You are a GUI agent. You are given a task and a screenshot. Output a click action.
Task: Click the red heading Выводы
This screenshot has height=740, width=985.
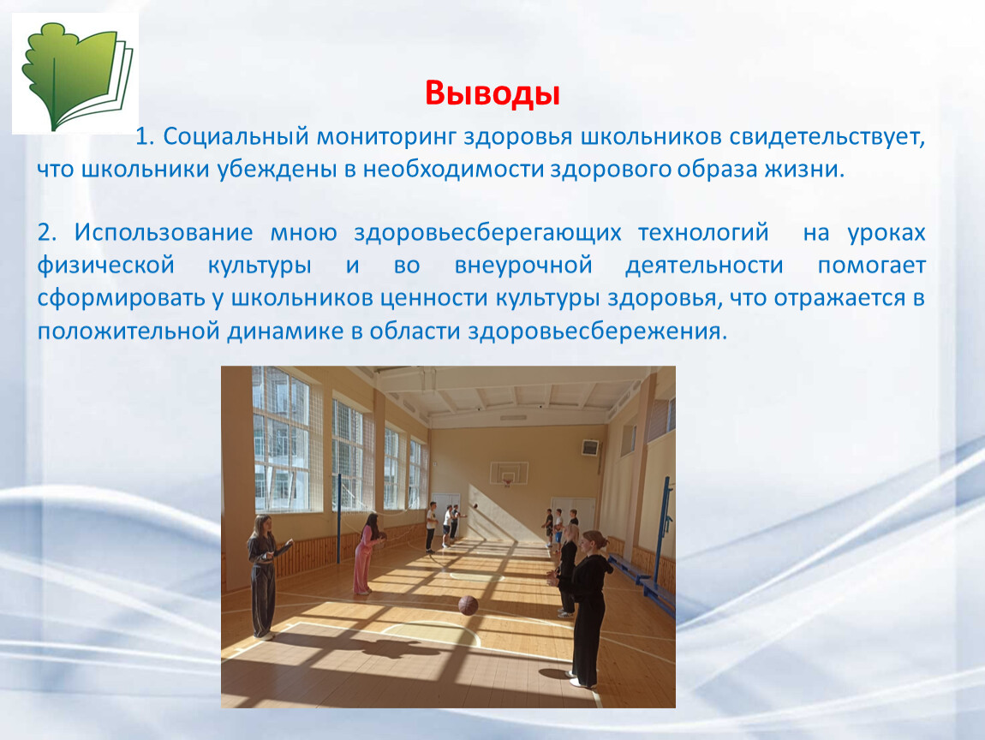[x=492, y=93]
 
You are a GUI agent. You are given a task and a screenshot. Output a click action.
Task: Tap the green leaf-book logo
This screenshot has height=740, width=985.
[x=75, y=75]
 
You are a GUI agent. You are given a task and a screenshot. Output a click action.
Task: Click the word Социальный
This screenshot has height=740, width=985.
[x=236, y=136]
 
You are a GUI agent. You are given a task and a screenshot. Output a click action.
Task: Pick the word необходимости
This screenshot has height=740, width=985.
[x=453, y=170]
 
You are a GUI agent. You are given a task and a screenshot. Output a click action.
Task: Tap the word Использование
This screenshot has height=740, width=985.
[x=164, y=232]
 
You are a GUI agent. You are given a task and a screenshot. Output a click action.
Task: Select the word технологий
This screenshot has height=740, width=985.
[x=703, y=232]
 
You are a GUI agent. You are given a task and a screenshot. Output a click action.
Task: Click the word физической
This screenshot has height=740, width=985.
[x=105, y=266]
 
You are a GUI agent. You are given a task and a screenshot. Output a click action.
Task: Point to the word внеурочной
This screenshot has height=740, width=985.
[x=523, y=266]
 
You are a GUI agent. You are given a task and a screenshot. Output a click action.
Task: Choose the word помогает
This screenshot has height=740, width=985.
[x=871, y=266]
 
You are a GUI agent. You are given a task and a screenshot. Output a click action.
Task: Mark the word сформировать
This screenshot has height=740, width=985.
[x=122, y=298]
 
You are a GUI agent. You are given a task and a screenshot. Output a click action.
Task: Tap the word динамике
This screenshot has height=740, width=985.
[x=286, y=331]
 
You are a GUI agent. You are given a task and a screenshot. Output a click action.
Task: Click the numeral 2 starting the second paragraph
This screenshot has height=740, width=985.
[x=44, y=232]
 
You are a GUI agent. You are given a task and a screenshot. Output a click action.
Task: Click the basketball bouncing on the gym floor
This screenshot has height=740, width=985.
[x=468, y=605]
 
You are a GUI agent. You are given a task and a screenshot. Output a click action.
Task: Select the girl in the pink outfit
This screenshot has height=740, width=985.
[x=367, y=552]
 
